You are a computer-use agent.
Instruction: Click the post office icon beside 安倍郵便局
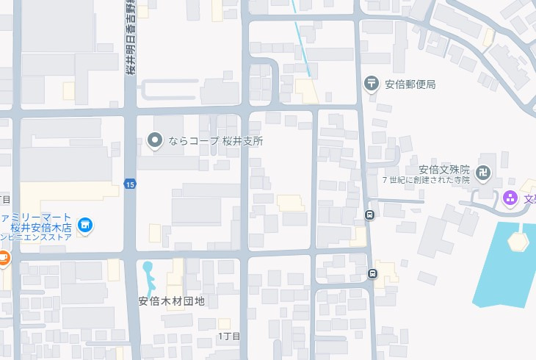pos(372,84)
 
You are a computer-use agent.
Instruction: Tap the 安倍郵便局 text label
pos(410,84)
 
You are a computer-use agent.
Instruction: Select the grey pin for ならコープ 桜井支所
pos(155,140)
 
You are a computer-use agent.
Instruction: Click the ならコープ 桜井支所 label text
pos(215,140)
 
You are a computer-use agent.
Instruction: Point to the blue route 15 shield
pos(129,183)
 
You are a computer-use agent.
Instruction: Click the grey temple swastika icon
pos(483,174)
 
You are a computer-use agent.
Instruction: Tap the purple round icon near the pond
pos(510,198)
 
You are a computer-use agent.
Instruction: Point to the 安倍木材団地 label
pos(172,300)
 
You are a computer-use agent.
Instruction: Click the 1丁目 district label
pos(229,336)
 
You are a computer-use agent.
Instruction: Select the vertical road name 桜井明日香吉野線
pos(129,37)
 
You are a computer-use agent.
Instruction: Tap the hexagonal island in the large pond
pos(518,240)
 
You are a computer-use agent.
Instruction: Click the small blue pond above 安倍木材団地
pos(148,277)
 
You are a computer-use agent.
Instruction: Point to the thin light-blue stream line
pos(301,37)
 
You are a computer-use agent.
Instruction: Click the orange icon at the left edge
pos(3,258)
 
